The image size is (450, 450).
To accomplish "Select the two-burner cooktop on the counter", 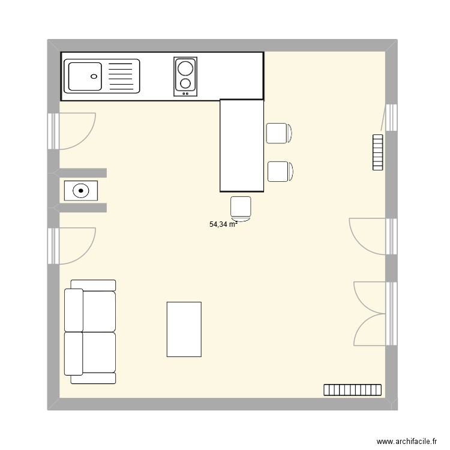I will pyautogui.click(x=185, y=76).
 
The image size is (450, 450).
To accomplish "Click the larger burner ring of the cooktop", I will pyautogui.click(x=185, y=67).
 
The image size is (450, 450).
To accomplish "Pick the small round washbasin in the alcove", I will pyautogui.click(x=80, y=191).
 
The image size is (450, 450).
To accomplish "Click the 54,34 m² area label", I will pyautogui.click(x=223, y=224).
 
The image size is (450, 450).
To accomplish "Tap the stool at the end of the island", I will pyautogui.click(x=241, y=206).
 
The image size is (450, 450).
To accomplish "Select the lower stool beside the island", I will pyautogui.click(x=279, y=172).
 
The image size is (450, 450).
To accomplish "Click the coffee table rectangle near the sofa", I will pyautogui.click(x=184, y=329).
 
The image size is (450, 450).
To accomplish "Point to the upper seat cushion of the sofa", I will pyautogui.click(x=98, y=311).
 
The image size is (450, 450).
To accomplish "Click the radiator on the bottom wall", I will pyautogui.click(x=353, y=390).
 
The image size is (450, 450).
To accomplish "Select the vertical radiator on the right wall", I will pyautogui.click(x=377, y=152).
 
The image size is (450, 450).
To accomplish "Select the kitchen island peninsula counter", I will pyautogui.click(x=242, y=146).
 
